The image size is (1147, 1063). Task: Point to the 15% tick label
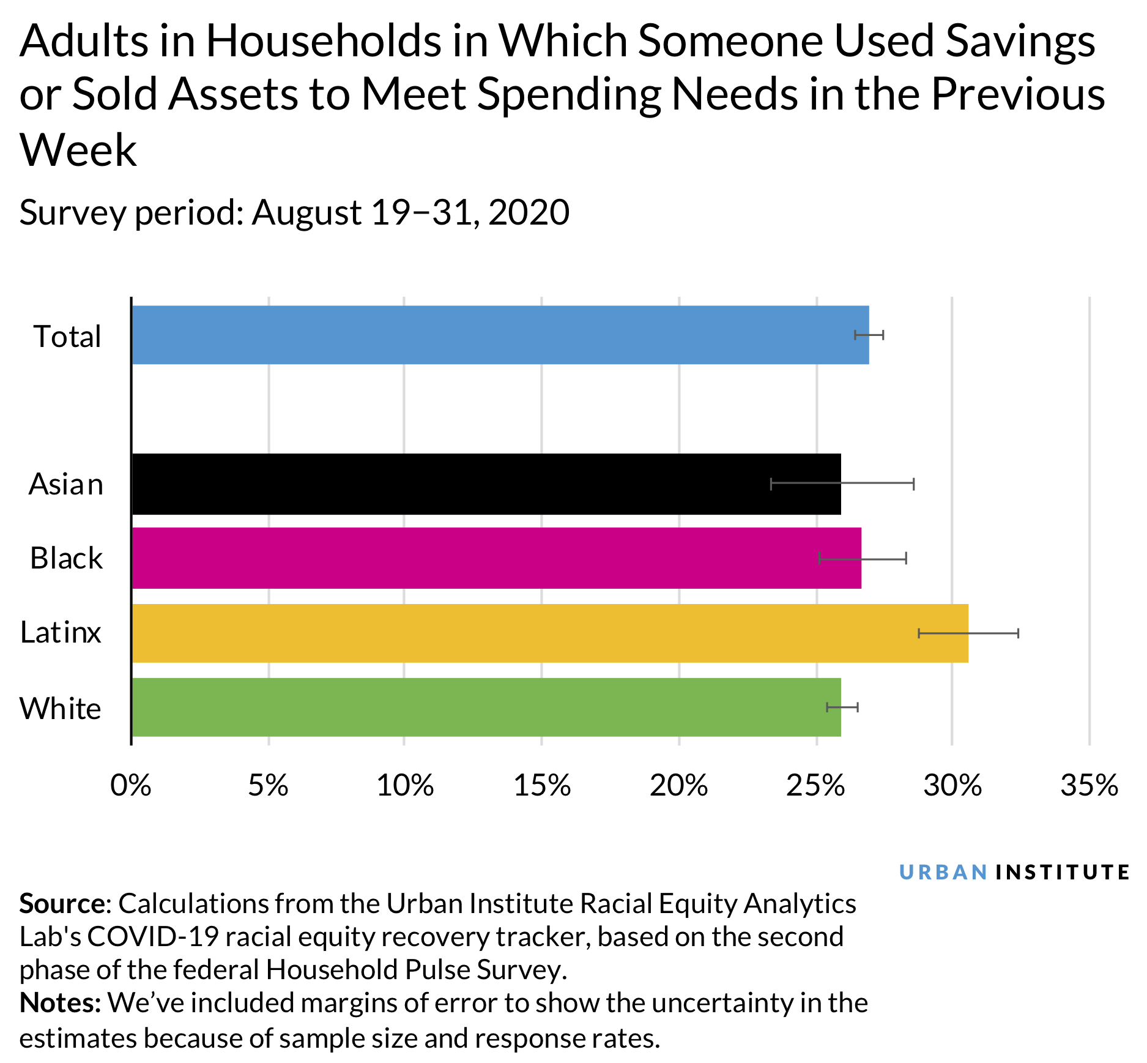click(542, 785)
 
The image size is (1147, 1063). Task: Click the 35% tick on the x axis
click(1089, 785)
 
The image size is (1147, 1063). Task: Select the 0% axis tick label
click(131, 785)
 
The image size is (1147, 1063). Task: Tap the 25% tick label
click(815, 785)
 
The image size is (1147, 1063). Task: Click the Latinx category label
click(61, 632)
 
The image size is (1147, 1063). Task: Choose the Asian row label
click(66, 484)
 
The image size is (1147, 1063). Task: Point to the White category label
click(60, 708)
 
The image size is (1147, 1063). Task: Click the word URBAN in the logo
click(943, 872)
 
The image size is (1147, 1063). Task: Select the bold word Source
click(62, 903)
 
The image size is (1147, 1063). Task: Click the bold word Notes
click(59, 1002)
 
